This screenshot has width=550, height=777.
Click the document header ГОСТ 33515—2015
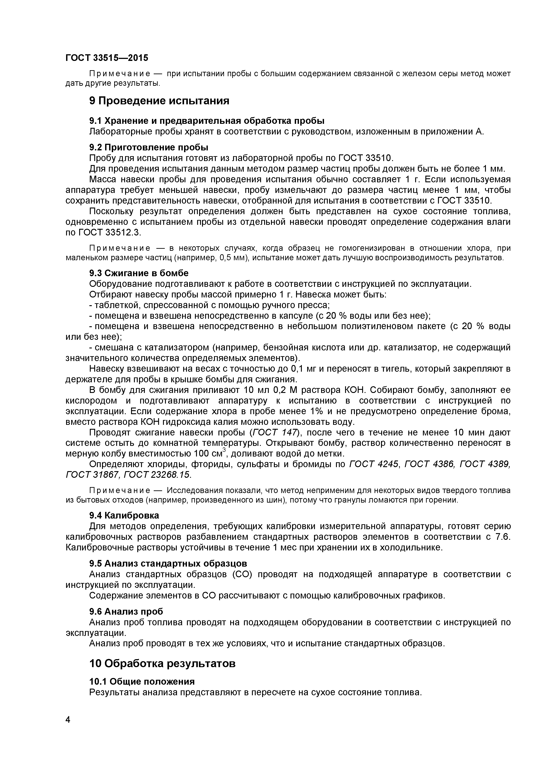[107, 58]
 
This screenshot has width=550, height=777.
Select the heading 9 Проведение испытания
[159, 101]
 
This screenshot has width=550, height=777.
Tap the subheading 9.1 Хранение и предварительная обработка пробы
[207, 121]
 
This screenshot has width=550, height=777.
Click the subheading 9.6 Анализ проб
[126, 612]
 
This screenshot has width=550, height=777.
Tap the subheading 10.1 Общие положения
[142, 682]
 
